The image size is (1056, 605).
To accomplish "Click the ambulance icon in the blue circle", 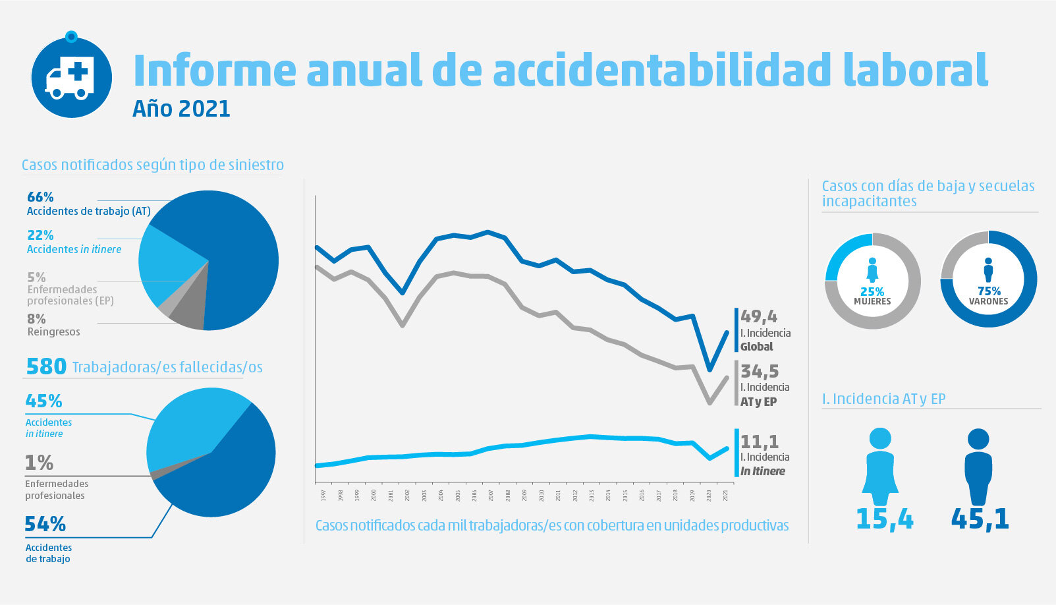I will pyautogui.click(x=70, y=78).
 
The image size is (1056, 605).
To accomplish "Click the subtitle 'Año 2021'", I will pyautogui.click(x=181, y=108).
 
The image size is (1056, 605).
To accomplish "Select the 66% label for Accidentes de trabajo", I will pyautogui.click(x=40, y=197).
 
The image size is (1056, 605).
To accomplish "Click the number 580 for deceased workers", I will pyautogui.click(x=46, y=366).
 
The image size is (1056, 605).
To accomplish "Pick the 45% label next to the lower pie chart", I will pyautogui.click(x=43, y=401).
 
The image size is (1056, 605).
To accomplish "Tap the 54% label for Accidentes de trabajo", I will pyautogui.click(x=45, y=524).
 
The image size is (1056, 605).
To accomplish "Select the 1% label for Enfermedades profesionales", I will pyautogui.click(x=39, y=463).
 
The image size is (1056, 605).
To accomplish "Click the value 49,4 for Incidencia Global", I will pyautogui.click(x=759, y=317).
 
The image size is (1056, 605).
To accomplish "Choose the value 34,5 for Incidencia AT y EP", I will pyautogui.click(x=760, y=371).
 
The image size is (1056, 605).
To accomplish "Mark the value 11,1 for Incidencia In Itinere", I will pyautogui.click(x=760, y=441).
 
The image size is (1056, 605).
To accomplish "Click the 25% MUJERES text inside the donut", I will pyautogui.click(x=872, y=296).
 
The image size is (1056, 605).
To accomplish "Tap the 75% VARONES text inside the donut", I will pyautogui.click(x=988, y=296).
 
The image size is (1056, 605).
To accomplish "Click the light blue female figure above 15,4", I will pyautogui.click(x=880, y=467).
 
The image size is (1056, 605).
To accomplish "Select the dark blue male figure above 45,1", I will pyautogui.click(x=978, y=467).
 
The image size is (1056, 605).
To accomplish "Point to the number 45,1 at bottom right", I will pyautogui.click(x=980, y=519).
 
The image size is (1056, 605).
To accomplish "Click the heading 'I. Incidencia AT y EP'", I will pyautogui.click(x=883, y=399).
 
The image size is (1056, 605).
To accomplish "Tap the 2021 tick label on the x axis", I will pyautogui.click(x=726, y=495).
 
